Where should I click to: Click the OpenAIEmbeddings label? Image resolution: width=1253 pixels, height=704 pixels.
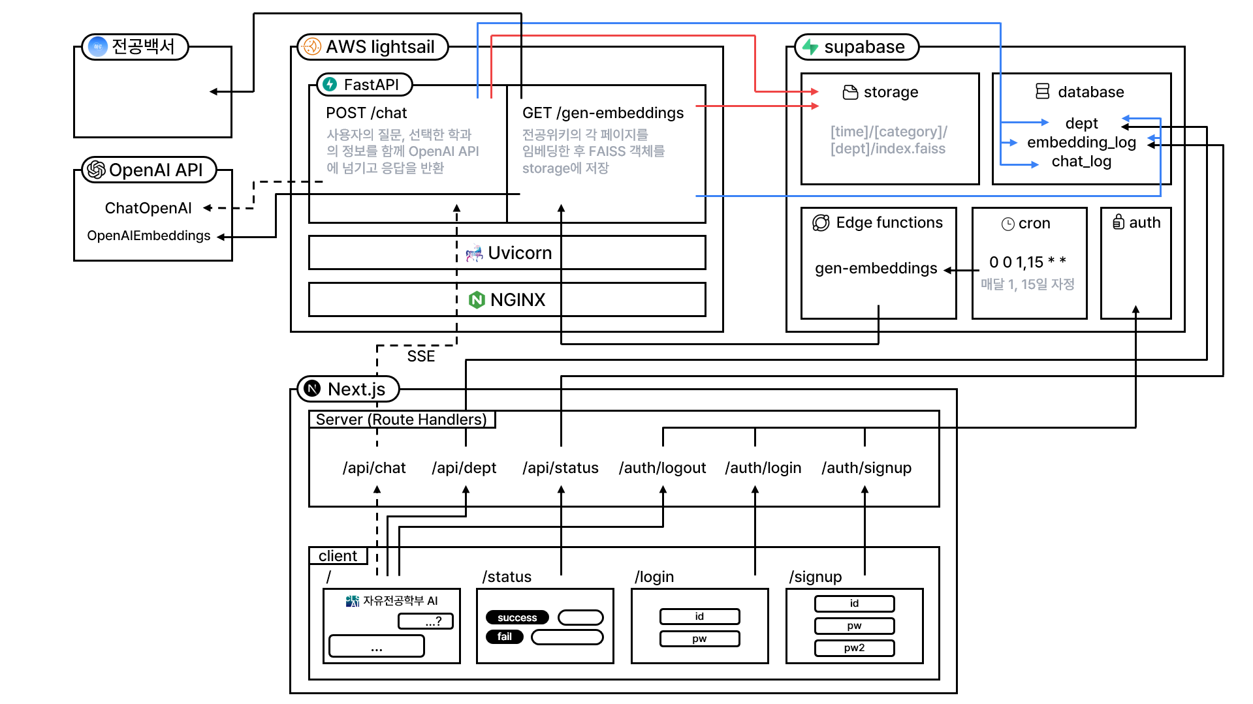(x=149, y=236)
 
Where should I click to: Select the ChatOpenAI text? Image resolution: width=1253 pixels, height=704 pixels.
(x=148, y=208)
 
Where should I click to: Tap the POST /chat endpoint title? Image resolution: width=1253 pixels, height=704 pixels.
(x=366, y=113)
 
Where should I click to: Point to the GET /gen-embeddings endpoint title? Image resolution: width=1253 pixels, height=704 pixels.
(x=603, y=113)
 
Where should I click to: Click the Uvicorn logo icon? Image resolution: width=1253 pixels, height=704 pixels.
(x=474, y=253)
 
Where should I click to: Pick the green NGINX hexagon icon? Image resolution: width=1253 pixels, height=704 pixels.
(x=477, y=300)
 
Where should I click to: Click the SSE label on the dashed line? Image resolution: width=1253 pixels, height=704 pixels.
(x=421, y=356)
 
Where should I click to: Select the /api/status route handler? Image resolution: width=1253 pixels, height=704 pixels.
(x=560, y=468)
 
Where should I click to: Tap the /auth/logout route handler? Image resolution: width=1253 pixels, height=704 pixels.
(x=662, y=468)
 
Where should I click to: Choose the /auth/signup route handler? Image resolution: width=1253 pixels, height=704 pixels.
(x=866, y=468)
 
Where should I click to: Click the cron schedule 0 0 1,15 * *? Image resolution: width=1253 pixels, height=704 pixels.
(x=1028, y=262)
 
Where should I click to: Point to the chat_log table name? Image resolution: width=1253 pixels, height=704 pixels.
(x=1081, y=162)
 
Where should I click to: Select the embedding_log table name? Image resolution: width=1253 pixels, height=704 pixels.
(x=1081, y=143)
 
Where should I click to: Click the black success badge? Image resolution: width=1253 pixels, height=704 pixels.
(x=517, y=618)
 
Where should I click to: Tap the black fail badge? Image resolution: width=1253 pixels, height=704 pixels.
(x=505, y=637)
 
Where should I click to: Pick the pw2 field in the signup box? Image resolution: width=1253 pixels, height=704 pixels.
(x=854, y=648)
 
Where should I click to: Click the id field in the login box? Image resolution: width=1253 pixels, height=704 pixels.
(x=699, y=617)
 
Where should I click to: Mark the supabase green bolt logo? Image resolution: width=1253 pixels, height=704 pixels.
(x=810, y=47)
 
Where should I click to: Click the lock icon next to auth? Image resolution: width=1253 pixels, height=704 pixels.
(x=1118, y=222)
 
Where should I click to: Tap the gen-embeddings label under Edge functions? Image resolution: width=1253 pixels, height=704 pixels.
(x=876, y=269)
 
